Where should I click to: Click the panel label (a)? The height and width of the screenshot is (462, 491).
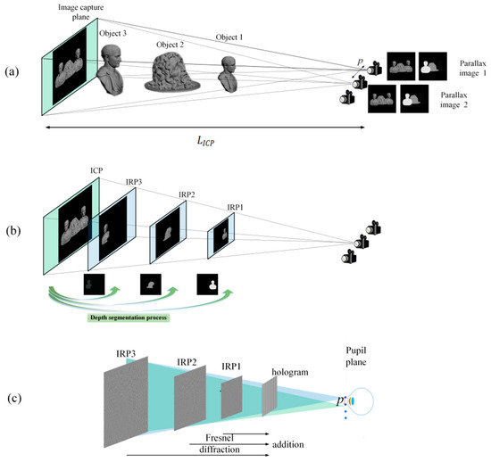[17, 69]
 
